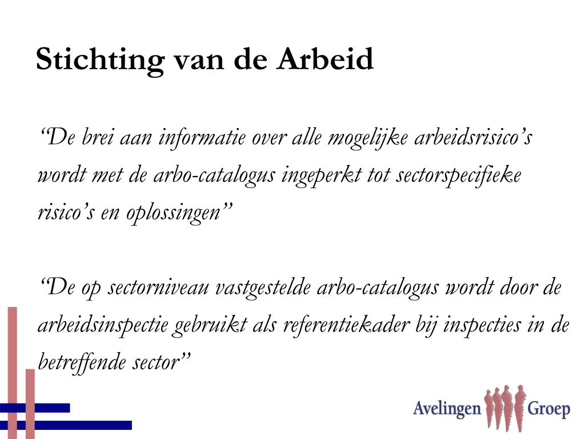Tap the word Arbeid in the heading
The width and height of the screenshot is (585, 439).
pyautogui.click(x=325, y=59)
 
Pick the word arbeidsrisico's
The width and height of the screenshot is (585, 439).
pyautogui.click(x=474, y=137)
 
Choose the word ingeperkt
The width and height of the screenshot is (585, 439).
pyautogui.click(x=321, y=176)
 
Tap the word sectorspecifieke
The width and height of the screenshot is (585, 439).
pyautogui.click(x=458, y=176)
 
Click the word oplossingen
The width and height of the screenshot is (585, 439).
pyautogui.click(x=174, y=214)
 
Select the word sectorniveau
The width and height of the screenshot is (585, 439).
pyautogui.click(x=158, y=288)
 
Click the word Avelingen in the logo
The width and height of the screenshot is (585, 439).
pyautogui.click(x=447, y=408)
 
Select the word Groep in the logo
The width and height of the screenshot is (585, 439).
pyautogui.click(x=548, y=409)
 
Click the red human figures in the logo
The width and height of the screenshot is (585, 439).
pyautogui.click(x=504, y=408)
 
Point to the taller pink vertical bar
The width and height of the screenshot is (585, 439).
pyautogui.click(x=13, y=373)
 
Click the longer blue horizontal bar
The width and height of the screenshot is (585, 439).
pyautogui.click(x=66, y=425)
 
